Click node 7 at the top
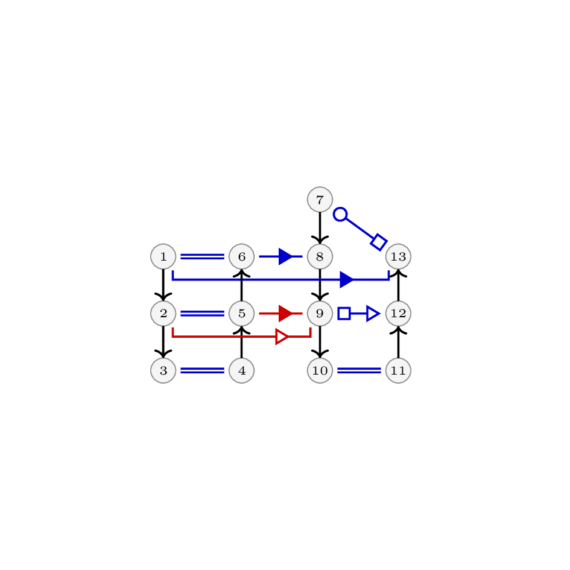[320, 200]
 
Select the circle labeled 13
[399, 256]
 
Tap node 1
[163, 256]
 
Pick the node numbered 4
[242, 370]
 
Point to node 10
[320, 370]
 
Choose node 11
[399, 370]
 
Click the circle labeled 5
[242, 314]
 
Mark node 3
[163, 370]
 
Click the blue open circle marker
[340, 215]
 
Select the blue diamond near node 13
[379, 242]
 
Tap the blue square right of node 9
[344, 314]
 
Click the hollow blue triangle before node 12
[373, 314]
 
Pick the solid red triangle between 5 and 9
[285, 314]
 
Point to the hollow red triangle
[282, 337]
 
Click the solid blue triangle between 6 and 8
[285, 256]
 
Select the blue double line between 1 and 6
[203, 256]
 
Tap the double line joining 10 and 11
[359, 370]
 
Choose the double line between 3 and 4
[203, 370]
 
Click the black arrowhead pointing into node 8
[320, 240]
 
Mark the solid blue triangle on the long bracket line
[346, 279]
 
